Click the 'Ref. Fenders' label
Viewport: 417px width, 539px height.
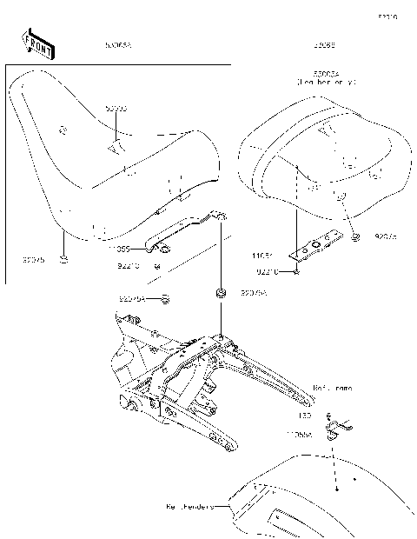189,505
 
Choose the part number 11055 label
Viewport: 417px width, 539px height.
120,249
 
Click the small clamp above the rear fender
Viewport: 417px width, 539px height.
337,427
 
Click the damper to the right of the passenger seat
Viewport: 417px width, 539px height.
356,236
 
